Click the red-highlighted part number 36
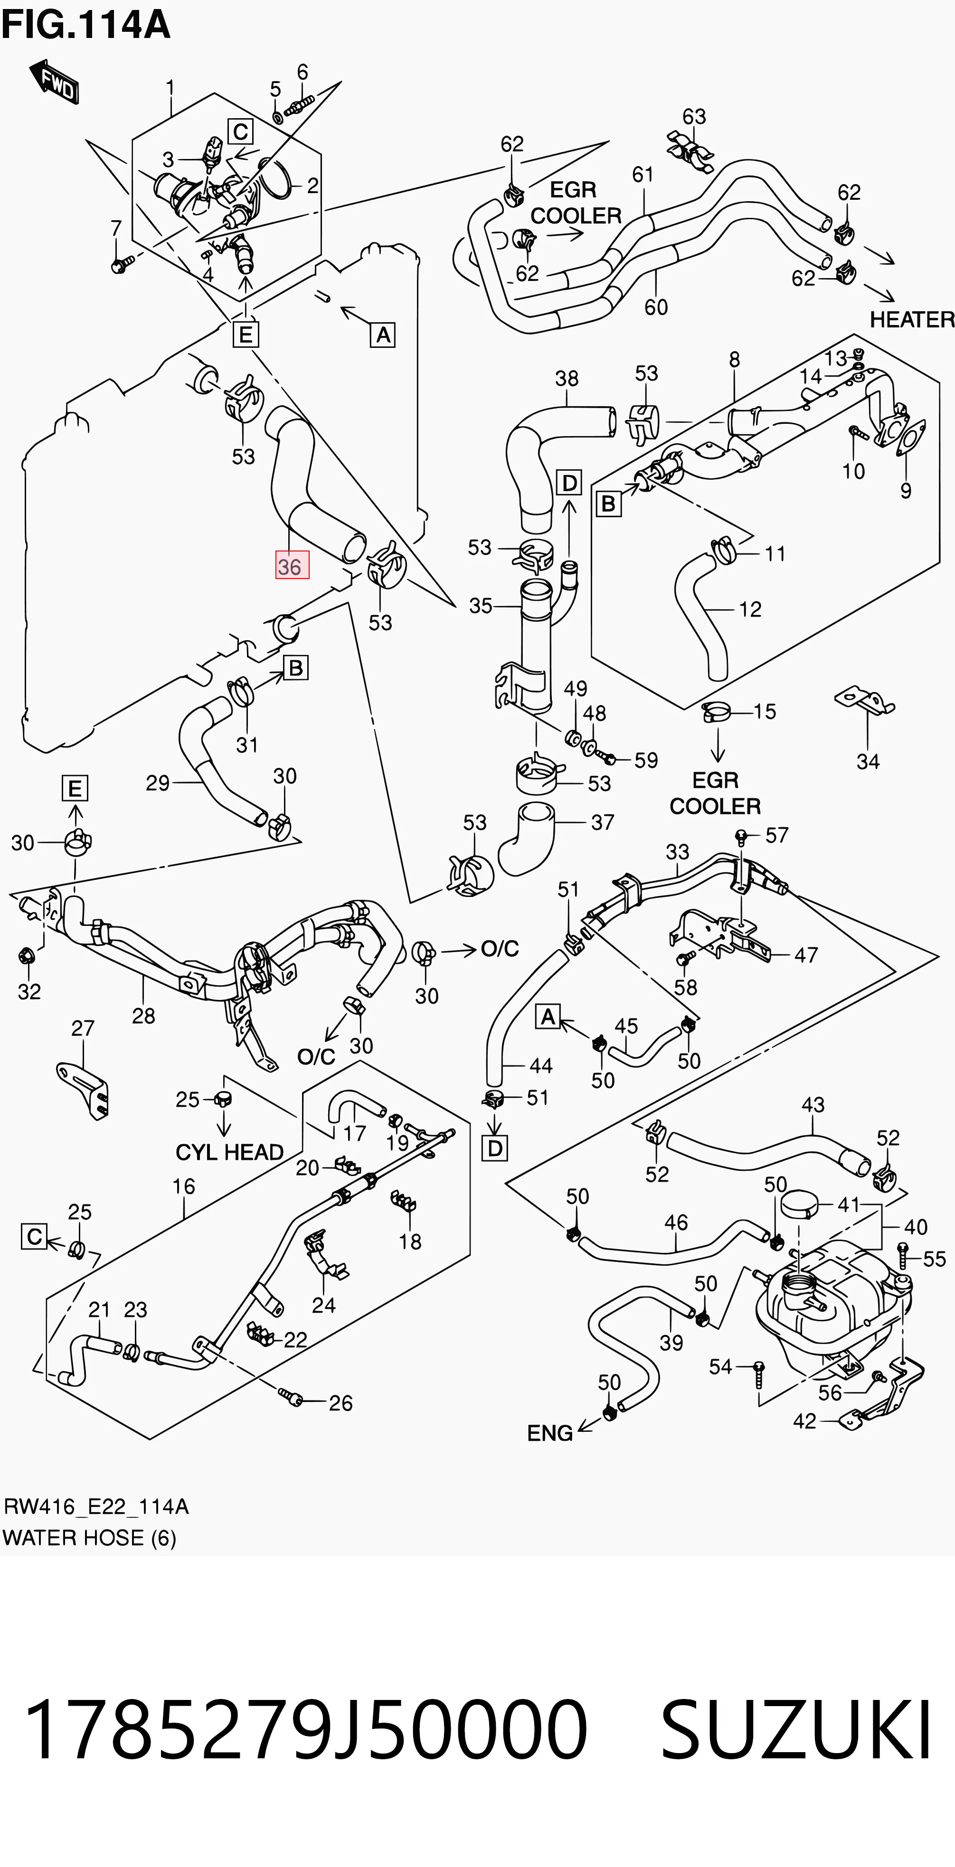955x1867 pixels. pyautogui.click(x=292, y=565)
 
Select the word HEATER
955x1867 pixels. pyautogui.click(x=911, y=319)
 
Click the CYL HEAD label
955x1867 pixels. pyautogui.click(x=229, y=1152)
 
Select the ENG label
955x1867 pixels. pyautogui.click(x=549, y=1433)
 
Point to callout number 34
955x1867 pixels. pyautogui.click(x=868, y=761)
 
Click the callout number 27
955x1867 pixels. pyautogui.click(x=83, y=1028)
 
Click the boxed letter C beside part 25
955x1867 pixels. pyautogui.click(x=34, y=1236)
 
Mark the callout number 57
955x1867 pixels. pyautogui.click(x=776, y=835)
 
